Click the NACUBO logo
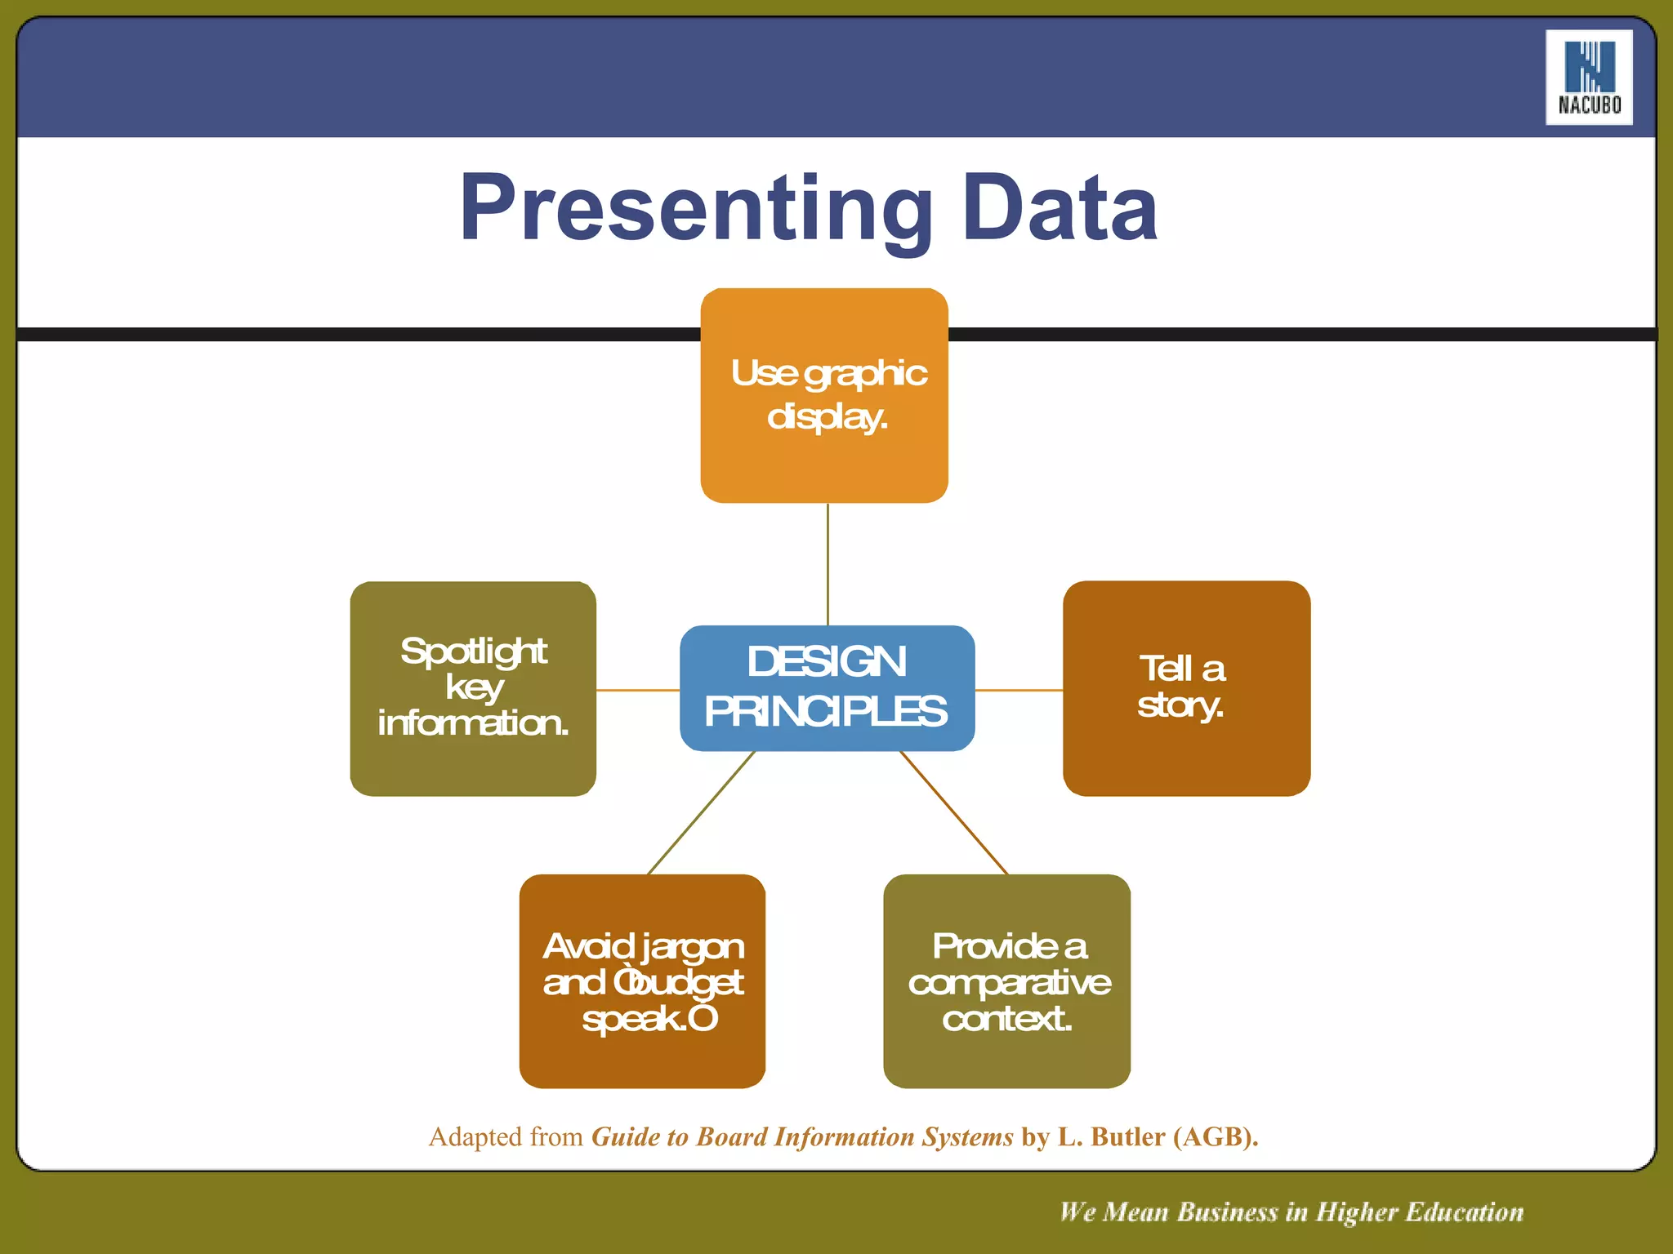click(x=1588, y=78)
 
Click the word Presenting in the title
click(x=695, y=209)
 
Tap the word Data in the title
click(x=1060, y=209)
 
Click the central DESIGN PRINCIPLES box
click(x=827, y=687)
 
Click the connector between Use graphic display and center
click(x=828, y=563)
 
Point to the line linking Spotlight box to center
click(x=637, y=690)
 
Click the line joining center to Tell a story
click(x=1019, y=690)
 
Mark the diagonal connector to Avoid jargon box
click(x=701, y=812)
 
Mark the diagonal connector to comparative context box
click(x=953, y=812)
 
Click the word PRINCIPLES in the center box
click(x=826, y=711)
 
